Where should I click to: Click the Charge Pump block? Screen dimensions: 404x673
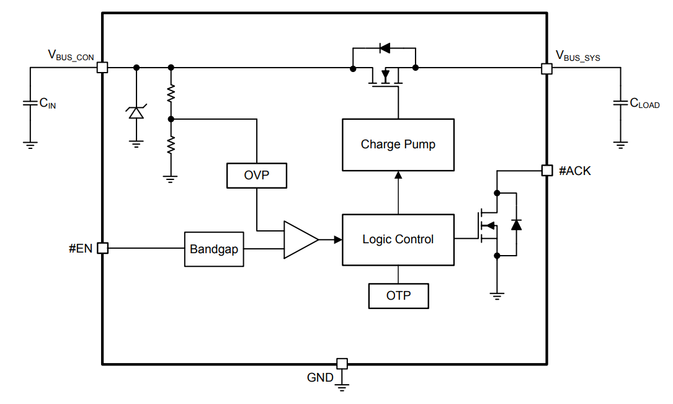(398, 145)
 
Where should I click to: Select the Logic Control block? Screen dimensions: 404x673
(398, 240)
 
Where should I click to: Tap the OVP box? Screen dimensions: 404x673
(257, 176)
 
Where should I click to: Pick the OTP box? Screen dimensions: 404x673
(398, 295)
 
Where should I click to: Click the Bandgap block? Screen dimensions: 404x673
(214, 249)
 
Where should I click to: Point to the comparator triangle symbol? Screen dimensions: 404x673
(300, 240)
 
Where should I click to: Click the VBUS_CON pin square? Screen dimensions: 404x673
(103, 68)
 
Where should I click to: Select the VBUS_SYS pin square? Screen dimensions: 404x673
(546, 68)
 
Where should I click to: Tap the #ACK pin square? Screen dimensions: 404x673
(546, 171)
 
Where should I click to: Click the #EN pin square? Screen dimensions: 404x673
(103, 248)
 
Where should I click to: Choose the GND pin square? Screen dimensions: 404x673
(342, 363)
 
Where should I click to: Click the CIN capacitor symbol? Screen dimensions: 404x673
(30, 104)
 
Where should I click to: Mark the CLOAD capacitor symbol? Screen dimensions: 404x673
(620, 104)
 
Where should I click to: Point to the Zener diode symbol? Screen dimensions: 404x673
(136, 112)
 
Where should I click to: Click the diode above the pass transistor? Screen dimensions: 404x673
(384, 47)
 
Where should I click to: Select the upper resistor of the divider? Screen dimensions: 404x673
(171, 94)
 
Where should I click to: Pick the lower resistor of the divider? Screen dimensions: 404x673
(171, 145)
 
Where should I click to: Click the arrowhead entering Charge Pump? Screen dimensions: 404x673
(398, 175)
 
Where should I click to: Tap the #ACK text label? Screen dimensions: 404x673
(575, 171)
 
